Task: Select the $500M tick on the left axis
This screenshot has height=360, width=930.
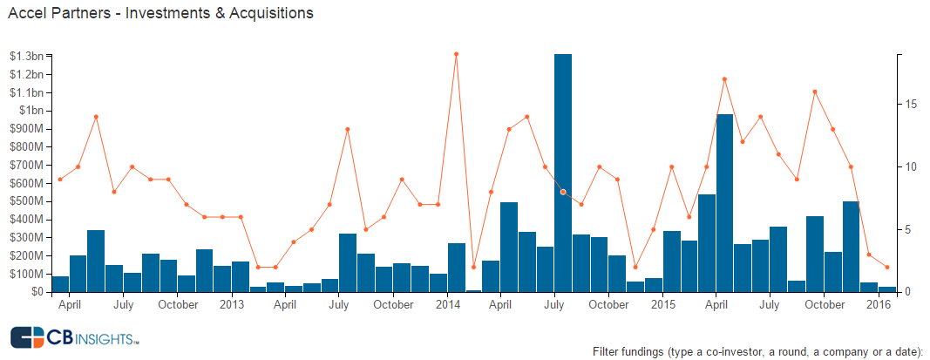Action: pyautogui.click(x=28, y=201)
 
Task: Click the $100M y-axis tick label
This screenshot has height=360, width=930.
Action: pyautogui.click(x=28, y=274)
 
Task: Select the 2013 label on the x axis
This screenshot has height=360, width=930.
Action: pyautogui.click(x=232, y=305)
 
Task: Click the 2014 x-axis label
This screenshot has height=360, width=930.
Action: pyautogui.click(x=448, y=305)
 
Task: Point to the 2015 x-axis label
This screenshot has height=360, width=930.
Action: pyautogui.click(x=663, y=305)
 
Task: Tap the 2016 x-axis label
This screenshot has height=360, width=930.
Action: pyautogui.click(x=879, y=305)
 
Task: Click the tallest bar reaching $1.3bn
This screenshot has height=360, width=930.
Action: pyautogui.click(x=563, y=174)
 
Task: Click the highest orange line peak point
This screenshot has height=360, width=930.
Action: pyautogui.click(x=456, y=54)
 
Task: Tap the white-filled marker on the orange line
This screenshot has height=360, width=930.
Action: pyautogui.click(x=563, y=192)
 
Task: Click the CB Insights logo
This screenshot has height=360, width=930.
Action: pyautogui.click(x=75, y=338)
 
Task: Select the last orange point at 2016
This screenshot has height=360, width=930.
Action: pyautogui.click(x=887, y=267)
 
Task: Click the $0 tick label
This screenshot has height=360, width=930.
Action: pyautogui.click(x=38, y=292)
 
